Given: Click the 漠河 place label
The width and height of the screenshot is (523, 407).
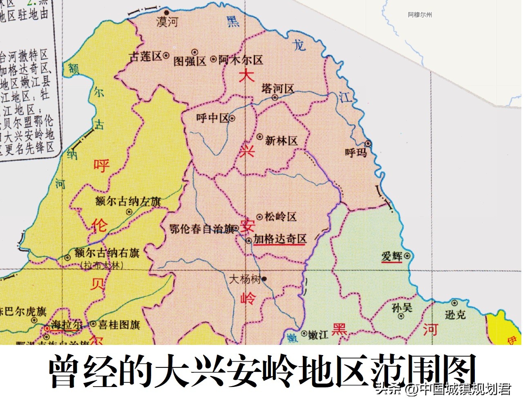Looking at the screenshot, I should click(x=167, y=22).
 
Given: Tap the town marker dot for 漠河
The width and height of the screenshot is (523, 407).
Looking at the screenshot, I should click(x=167, y=13).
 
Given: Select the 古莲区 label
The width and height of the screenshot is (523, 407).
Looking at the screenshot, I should click(x=145, y=56).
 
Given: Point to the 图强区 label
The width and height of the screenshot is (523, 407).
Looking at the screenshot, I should click(x=190, y=61).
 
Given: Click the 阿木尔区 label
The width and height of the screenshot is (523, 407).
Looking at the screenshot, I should click(x=241, y=60).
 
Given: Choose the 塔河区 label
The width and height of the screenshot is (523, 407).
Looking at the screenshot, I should click(x=278, y=88).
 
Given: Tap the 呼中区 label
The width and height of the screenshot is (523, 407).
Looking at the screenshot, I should click(x=212, y=118).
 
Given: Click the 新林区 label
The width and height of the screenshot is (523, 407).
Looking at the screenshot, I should click(x=281, y=141).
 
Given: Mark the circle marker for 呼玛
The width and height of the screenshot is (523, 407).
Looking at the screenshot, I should click(x=368, y=143).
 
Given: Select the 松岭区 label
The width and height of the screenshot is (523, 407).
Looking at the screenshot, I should click(x=280, y=217).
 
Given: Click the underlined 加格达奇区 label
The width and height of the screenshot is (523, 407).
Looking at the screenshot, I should click(x=280, y=239).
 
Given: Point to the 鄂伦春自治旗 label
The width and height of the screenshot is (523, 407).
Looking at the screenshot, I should click(x=202, y=229).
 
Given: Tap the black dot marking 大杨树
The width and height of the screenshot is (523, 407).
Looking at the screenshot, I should click(x=264, y=279).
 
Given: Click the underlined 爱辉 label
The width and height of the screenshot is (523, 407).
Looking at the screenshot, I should click(x=392, y=256).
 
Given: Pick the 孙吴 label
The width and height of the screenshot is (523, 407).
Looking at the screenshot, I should click(x=402, y=307).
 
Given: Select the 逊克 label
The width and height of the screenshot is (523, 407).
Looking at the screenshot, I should click(x=455, y=314).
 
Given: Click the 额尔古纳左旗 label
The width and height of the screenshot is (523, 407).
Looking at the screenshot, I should click(x=128, y=201).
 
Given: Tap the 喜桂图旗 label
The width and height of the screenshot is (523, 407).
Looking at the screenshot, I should click(x=119, y=324).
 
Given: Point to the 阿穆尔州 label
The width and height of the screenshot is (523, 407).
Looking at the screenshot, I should click(x=420, y=15).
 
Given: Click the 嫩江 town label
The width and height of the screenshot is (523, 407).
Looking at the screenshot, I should click(x=318, y=335).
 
